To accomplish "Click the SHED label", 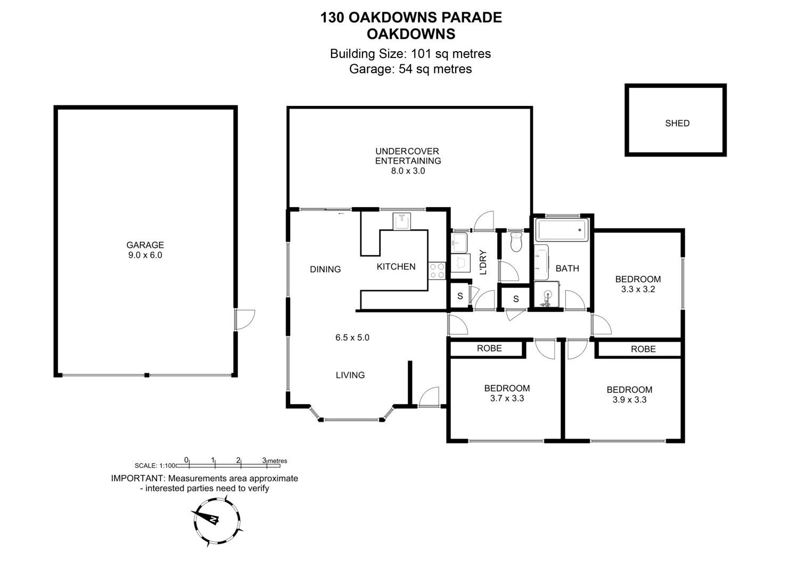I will coord(677,123).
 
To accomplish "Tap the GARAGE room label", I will coord(145,245).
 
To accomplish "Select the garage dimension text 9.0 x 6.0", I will coord(145,255).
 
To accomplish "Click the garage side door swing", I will coord(245,319).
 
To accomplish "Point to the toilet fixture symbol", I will coord(515,242).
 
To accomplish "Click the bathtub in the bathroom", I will coord(562,230).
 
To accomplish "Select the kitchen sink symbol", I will coord(401,221).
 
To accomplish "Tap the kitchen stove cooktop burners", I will coord(437,270).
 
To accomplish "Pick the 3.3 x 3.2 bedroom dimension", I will coord(638,289).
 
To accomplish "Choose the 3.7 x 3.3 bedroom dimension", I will coord(507,398).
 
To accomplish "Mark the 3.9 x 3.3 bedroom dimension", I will coord(629,399).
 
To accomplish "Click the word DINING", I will coord(325,269).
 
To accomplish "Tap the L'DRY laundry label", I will coord(483,262).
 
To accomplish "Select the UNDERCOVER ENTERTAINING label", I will coord(408,156).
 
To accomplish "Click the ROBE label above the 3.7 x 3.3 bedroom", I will coord(489,348).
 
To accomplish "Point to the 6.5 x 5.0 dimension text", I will coord(352,337).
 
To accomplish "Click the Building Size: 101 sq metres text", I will coord(410,54).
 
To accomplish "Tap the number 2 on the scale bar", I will coord(238,461).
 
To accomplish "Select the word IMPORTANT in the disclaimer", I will coord(135,478).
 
